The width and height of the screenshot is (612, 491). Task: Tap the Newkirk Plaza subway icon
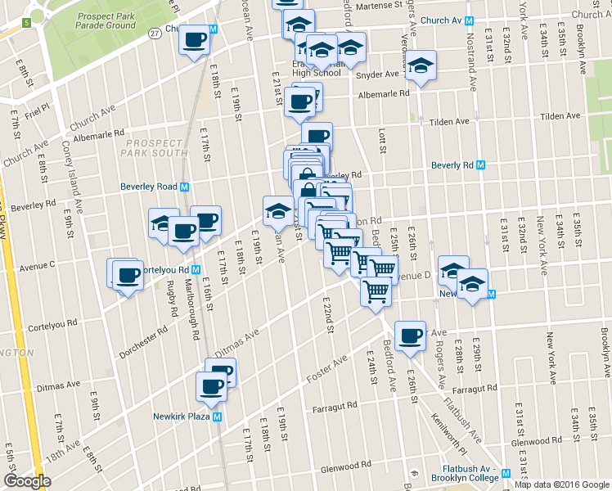[x=218, y=416]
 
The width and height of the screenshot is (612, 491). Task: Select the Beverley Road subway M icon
[x=185, y=187]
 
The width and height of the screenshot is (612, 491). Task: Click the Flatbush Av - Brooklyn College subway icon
[x=506, y=473]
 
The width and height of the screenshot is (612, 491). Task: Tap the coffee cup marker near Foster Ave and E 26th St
[x=410, y=335]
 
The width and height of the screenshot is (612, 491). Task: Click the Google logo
[x=27, y=481]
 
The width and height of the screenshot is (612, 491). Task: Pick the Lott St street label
[x=382, y=139]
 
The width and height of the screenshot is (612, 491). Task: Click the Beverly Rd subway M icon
[x=481, y=164]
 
